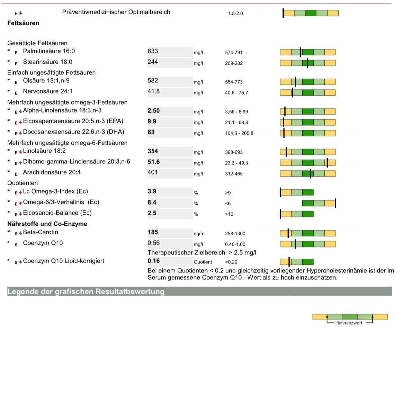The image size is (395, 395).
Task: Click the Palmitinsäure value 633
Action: [153, 51]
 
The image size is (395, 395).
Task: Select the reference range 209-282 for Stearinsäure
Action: [234, 63]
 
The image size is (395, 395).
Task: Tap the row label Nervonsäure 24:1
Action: [47, 91]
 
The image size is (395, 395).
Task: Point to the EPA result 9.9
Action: [152, 122]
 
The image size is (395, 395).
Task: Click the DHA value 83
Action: [151, 132]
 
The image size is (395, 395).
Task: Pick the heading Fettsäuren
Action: [23, 23]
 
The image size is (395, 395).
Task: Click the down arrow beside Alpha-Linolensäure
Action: [21, 111]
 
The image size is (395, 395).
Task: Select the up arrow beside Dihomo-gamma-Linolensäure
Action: [21, 163]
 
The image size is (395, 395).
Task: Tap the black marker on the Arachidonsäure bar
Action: [311, 173]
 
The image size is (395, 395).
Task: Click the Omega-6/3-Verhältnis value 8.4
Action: [152, 203]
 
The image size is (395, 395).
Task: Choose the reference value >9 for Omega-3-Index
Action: [228, 193]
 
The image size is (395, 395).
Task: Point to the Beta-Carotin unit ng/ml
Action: [199, 234]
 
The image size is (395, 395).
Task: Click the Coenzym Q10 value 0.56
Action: [153, 243]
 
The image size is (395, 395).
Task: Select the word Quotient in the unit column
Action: [203, 262]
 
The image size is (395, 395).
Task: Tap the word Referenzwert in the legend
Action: [349, 323]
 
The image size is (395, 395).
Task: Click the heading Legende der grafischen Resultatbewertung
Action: [86, 291]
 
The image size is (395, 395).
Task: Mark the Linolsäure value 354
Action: [153, 151]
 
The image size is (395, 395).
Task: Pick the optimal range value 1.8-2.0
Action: [235, 14]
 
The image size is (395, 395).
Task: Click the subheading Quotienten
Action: [23, 183]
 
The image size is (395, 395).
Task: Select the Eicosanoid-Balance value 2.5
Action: [152, 213]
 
